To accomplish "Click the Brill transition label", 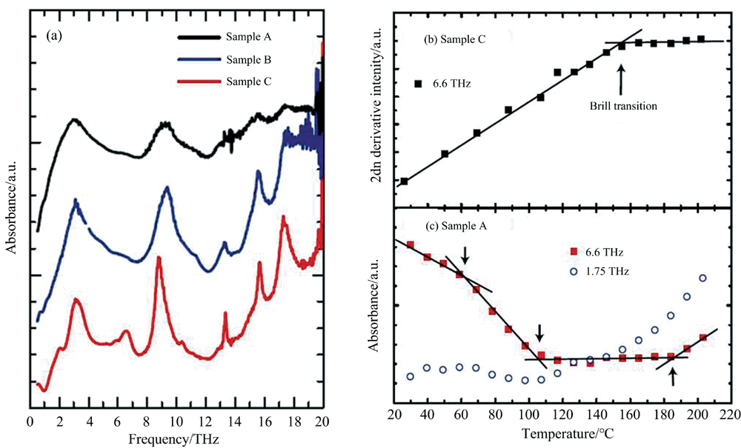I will [x=625, y=106].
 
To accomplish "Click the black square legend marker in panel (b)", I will [x=417, y=84].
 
